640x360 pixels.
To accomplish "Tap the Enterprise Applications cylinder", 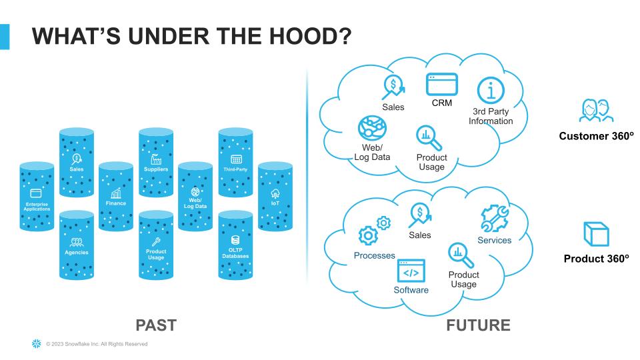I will tap(37, 197).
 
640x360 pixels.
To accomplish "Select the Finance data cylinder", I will tap(115, 197).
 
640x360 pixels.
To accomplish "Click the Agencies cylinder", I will tap(77, 245).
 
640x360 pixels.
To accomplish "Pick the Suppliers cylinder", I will tap(156, 163).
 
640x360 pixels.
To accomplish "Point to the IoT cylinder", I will tap(275, 197).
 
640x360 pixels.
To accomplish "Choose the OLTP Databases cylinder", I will tap(235, 245).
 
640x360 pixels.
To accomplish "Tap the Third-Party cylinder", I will tap(235, 163).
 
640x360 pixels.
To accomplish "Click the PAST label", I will tap(155, 325).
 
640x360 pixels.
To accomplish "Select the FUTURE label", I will tap(478, 325).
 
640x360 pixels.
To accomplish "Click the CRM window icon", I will tap(442, 85).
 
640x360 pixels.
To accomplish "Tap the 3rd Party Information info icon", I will tap(491, 90).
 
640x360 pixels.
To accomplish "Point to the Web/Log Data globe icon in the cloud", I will tap(371, 128).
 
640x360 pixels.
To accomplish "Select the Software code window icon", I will tap(411, 271).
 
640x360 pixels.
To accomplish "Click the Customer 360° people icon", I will tap(595, 111).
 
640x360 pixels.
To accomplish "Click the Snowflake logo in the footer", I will tap(36, 344).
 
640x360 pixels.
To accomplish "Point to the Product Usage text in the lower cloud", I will tap(463, 279).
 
